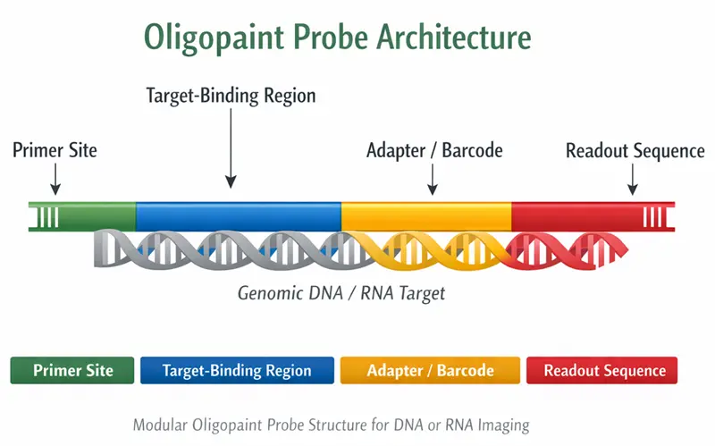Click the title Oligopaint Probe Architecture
click(338, 38)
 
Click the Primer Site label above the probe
click(55, 150)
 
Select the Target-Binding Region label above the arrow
click(231, 96)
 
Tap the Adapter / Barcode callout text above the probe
click(434, 150)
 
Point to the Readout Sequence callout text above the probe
click(635, 150)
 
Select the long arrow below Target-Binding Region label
click(231, 147)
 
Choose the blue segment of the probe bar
click(239, 215)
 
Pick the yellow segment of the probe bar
click(426, 215)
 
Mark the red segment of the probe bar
click(576, 215)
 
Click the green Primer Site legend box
click(72, 370)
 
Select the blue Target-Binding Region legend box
click(237, 370)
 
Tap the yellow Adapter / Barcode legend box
click(430, 370)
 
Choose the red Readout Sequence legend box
click(601, 370)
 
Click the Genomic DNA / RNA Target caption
click(341, 292)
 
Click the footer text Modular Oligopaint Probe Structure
click(331, 425)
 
